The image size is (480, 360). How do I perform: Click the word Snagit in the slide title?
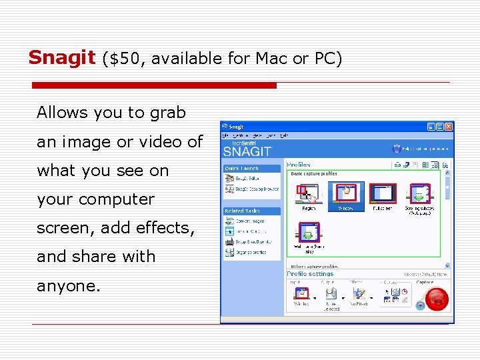point(62,58)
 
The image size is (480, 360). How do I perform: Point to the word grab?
point(168,113)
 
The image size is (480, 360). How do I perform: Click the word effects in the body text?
point(163,228)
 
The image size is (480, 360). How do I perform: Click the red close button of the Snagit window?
point(449,126)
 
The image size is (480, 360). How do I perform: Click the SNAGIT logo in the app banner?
point(247,151)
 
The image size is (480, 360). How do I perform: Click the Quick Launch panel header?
point(241,169)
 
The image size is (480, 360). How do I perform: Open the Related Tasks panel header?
point(243,211)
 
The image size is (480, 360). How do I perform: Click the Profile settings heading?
point(311,274)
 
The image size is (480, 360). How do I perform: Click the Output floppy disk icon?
point(331,293)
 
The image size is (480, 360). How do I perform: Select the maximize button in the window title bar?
point(440,126)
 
